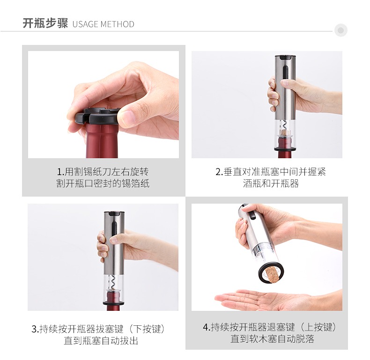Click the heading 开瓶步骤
[45, 23]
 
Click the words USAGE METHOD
[104, 24]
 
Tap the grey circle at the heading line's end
[341, 30]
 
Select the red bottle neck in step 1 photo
[102, 141]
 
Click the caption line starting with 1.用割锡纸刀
[103, 172]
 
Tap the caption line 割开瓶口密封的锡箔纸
[103, 184]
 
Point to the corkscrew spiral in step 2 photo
[284, 125]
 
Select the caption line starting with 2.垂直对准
[271, 172]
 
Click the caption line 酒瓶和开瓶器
[271, 184]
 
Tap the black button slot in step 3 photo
[114, 228]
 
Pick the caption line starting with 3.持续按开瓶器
[98, 329]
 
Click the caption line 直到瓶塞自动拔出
[101, 341]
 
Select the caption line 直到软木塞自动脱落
[272, 339]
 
